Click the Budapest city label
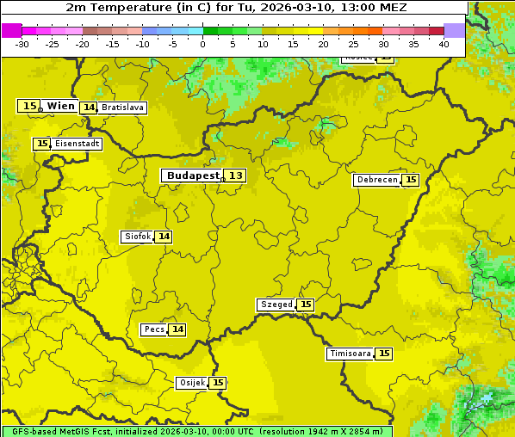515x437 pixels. [192, 175]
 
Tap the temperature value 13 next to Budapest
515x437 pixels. [236, 175]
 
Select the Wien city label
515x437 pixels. [60, 106]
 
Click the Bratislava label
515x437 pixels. [121, 108]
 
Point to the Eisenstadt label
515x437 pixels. [77, 144]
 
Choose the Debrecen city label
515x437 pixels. [377, 180]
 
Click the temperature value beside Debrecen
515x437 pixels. [411, 180]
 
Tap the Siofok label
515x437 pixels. [137, 237]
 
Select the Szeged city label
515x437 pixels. [276, 305]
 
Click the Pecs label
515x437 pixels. [154, 329]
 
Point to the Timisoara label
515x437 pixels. [351, 354]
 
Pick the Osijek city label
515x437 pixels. [191, 383]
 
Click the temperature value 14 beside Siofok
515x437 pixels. [164, 237]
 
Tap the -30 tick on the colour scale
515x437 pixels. [22, 44]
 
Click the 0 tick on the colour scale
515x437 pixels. [202, 44]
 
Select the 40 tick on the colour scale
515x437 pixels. [444, 44]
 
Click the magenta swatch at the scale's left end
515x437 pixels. [11, 30]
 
